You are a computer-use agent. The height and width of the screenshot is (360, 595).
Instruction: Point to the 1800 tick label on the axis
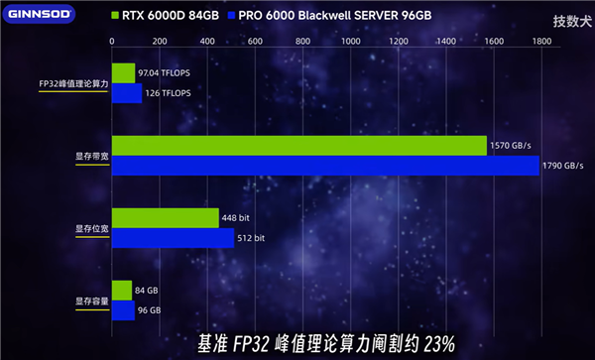pos(540,42)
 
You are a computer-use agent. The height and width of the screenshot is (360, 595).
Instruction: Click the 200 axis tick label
pos(160,42)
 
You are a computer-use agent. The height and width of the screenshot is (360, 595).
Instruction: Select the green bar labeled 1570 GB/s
pos(298,146)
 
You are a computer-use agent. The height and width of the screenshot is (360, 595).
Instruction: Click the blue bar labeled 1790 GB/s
pos(325,165)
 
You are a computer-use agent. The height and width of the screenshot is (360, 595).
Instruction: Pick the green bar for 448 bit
pos(166,218)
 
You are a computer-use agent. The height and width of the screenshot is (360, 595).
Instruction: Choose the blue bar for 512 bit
pos(174,238)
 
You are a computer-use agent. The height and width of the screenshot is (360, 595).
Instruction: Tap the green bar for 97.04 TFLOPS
pos(123,73)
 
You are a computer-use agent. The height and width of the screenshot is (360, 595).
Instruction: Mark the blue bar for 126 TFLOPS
pos(127,93)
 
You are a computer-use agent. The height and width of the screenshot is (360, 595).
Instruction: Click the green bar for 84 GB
pos(122,291)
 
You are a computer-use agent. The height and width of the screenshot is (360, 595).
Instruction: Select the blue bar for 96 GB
pos(123,310)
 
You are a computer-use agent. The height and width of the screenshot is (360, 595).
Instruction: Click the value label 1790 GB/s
pos(564,165)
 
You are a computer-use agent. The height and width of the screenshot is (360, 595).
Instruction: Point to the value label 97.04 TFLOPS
pos(165,73)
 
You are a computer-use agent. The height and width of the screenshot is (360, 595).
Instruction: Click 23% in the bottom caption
pos(435,344)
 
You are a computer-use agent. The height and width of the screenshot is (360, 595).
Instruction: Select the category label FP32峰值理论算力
pos(73,83)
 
